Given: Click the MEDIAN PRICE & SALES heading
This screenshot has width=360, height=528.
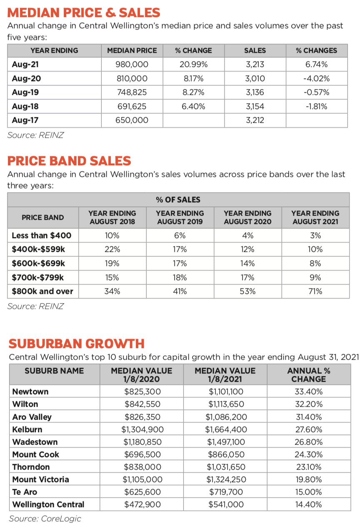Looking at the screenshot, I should coord(84,12).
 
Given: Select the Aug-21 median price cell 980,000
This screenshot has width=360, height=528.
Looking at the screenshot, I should coord(132,65).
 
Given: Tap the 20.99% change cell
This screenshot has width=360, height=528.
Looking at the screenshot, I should coord(193,65).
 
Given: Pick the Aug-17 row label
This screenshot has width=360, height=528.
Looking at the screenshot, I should coord(26,120).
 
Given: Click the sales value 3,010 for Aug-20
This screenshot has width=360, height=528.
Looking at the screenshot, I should coord(255,78).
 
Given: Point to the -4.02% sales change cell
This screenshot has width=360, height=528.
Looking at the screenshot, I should coord(316,78).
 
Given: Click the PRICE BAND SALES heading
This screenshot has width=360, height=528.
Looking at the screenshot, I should coord(69,161).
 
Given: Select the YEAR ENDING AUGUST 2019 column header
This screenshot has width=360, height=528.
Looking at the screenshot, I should coord(180,217).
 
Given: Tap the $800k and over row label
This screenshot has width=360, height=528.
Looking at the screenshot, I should coord(42,291).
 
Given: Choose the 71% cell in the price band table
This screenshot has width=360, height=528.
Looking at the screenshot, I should coord(315,291).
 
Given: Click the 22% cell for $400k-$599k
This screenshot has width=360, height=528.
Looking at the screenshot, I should coord(112,249).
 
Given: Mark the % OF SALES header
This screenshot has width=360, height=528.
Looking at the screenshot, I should coord(178,199).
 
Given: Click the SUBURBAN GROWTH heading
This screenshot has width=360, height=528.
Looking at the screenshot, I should coord(77,344).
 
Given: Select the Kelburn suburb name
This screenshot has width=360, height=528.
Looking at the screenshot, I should coord(27,429).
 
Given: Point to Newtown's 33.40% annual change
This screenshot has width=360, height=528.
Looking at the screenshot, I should coord(308,392).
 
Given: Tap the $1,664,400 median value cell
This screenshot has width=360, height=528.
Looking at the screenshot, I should coord(226,429).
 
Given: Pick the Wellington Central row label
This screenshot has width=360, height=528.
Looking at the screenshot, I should coord(48,505).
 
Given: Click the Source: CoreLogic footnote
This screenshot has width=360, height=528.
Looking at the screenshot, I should coord(45,518).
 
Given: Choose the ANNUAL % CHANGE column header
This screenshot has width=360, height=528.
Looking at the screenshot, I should coord(308,375).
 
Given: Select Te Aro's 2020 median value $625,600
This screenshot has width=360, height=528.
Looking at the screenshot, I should coord(142,492).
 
